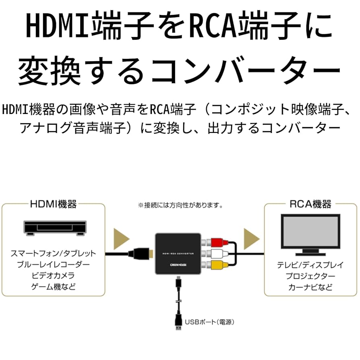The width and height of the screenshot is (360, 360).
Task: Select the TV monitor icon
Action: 310,235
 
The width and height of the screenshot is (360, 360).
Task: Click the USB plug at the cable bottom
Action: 178,322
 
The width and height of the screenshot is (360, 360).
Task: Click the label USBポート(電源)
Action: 209,322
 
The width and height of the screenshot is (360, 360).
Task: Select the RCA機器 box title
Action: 310,205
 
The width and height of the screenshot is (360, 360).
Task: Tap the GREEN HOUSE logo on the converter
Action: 178,265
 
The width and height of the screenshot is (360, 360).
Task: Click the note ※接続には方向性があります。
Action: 180,205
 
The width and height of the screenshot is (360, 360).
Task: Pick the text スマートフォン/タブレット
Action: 54,254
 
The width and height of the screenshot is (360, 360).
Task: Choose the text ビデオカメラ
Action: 54,276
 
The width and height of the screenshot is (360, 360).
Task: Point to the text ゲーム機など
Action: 54,287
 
